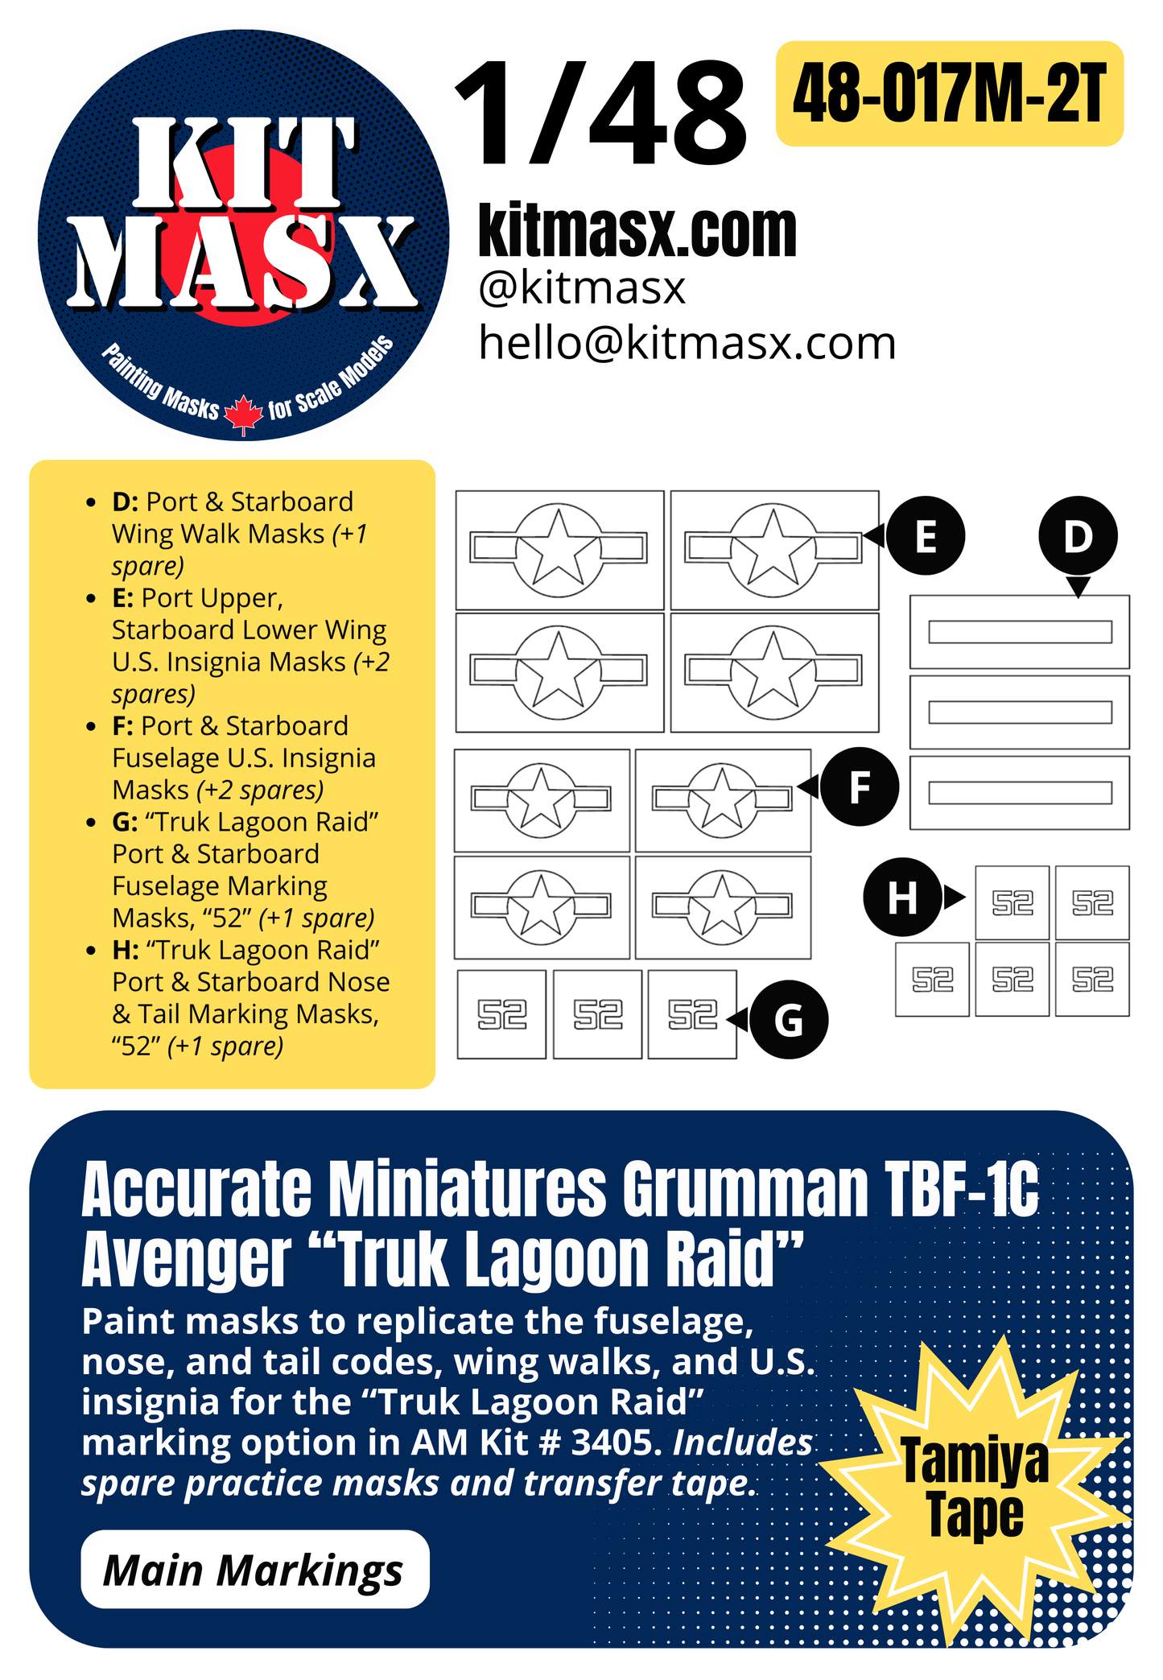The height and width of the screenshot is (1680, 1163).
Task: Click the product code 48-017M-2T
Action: [949, 94]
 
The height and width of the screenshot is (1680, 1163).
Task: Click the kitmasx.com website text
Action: [637, 231]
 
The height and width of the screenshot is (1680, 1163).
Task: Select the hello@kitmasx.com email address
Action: [687, 344]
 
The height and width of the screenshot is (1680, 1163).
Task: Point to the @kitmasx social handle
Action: [581, 287]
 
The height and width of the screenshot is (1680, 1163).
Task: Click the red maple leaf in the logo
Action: [243, 415]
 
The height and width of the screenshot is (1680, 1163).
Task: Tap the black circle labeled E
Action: [926, 536]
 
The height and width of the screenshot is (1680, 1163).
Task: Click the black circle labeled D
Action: [1078, 536]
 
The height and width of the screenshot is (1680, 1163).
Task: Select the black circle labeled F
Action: [859, 786]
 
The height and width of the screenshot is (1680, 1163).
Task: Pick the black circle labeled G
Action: [789, 1019]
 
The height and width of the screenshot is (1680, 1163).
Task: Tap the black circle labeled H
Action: [902, 897]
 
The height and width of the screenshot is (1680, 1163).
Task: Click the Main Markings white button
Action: [254, 1570]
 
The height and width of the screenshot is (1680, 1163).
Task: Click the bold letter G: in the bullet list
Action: [125, 822]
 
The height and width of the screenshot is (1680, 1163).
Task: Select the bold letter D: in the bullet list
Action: [125, 502]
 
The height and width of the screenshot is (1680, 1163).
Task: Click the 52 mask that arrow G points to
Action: [692, 1014]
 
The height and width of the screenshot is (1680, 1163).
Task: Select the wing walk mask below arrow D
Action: [1020, 632]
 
